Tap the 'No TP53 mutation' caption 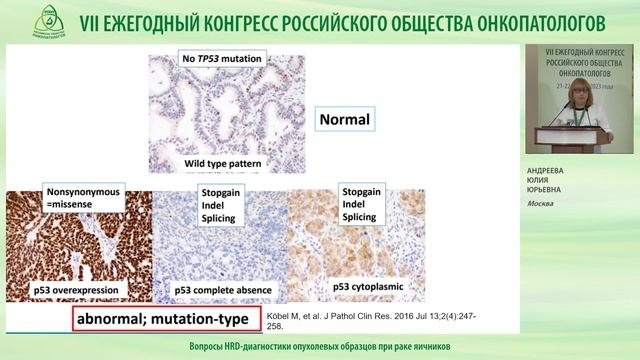223,59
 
